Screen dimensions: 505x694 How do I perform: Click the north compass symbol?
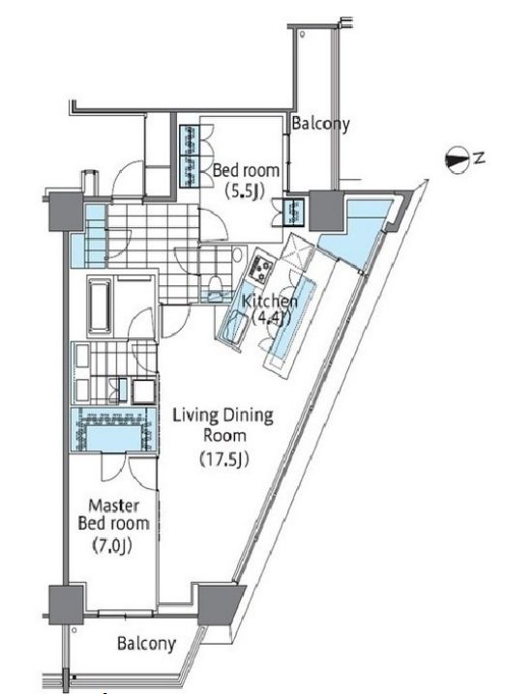coord(457,160)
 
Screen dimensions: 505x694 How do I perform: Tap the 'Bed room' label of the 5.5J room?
coord(247,170)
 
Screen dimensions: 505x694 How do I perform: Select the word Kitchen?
coord(269,302)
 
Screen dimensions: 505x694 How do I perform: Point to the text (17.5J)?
coord(223,459)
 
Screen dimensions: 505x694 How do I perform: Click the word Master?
coord(114,506)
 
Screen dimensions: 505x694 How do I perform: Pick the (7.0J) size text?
coord(112,545)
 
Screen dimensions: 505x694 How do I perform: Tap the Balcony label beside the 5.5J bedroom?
coord(321,124)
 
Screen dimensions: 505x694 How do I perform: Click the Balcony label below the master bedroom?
coord(146,643)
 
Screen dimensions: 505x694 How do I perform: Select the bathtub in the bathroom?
coord(99,306)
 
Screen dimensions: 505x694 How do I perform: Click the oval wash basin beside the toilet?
coord(238,254)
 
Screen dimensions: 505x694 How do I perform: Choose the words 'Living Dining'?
coord(223,416)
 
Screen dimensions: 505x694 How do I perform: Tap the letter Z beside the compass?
coord(479,158)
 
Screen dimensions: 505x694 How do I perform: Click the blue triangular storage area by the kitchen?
coord(355,234)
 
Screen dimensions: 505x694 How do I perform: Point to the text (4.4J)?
coord(271,318)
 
